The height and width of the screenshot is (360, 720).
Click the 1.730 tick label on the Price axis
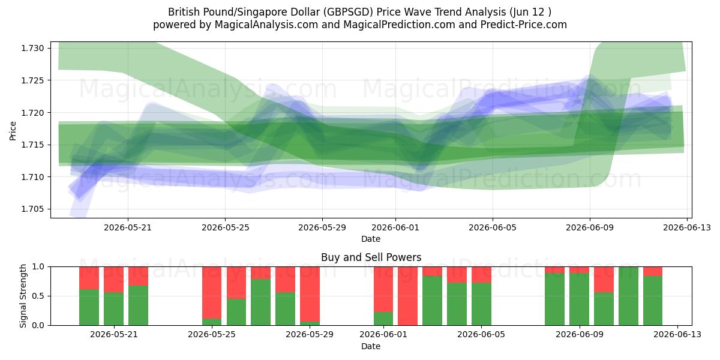pyautogui.click(x=32, y=48)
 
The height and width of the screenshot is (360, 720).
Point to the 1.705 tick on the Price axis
pyautogui.click(x=32, y=209)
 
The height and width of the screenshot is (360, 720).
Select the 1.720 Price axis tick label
pyautogui.click(x=32, y=113)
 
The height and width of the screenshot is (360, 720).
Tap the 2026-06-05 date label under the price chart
pyautogui.click(x=493, y=227)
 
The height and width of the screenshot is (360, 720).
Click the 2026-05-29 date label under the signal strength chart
pyautogui.click(x=310, y=334)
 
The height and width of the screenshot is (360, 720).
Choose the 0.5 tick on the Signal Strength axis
pyautogui.click(x=38, y=296)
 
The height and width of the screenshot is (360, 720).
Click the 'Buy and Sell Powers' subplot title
pyautogui.click(x=371, y=257)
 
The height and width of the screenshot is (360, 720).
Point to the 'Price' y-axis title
pyautogui.click(x=13, y=131)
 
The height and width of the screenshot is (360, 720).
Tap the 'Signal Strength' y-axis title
pyautogui.click(x=23, y=296)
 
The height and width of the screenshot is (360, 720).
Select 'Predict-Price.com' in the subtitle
pyautogui.click(x=524, y=25)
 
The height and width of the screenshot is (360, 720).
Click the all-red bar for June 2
pyautogui.click(x=407, y=296)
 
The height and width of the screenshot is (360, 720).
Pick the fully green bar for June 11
pyautogui.click(x=628, y=296)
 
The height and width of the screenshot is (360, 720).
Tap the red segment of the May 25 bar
pyautogui.click(x=212, y=293)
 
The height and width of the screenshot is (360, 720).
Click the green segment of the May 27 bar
pyautogui.click(x=260, y=302)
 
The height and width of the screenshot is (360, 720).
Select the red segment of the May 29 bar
pyautogui.click(x=310, y=294)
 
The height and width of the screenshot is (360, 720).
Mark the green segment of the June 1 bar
pyautogui.click(x=383, y=319)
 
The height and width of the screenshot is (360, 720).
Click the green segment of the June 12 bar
pyautogui.click(x=653, y=301)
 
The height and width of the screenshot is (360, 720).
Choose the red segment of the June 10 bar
pyautogui.click(x=604, y=280)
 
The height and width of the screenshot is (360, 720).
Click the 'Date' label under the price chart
pyautogui.click(x=371, y=239)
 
